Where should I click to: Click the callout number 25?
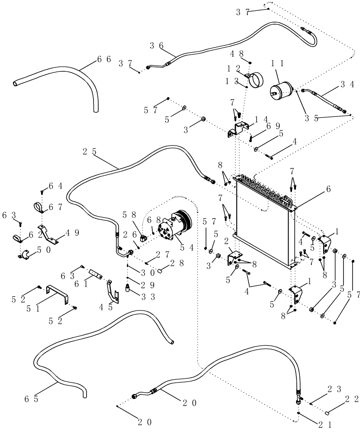[88, 152]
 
